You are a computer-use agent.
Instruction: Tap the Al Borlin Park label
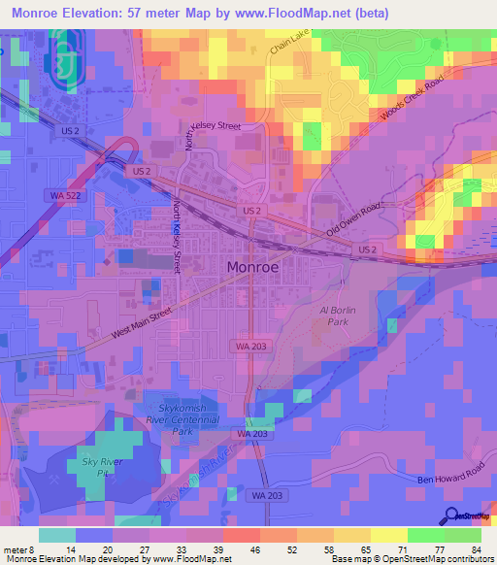click(x=334, y=316)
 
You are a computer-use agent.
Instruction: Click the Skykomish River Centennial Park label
click(x=183, y=419)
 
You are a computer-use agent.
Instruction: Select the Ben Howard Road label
click(x=448, y=476)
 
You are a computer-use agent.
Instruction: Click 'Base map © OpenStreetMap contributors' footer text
click(x=412, y=559)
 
